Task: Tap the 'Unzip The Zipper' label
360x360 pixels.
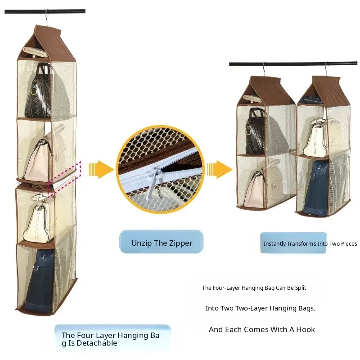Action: click(162, 243)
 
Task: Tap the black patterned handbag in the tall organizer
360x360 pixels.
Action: click(37, 92)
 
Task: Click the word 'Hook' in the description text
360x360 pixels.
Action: click(305, 329)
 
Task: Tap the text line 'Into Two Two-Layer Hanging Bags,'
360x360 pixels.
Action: click(261, 308)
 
